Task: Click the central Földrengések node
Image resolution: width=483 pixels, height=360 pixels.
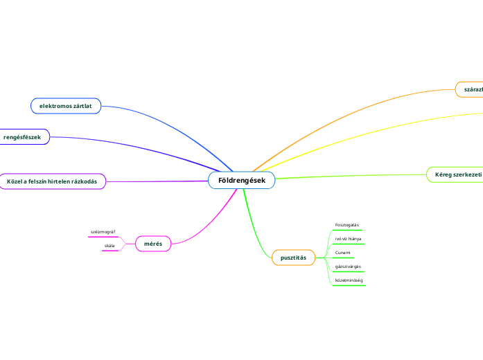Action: pyautogui.click(x=241, y=181)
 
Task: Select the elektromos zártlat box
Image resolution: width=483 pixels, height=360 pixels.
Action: pyautogui.click(x=66, y=105)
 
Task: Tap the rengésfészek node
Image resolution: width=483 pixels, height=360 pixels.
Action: pyautogui.click(x=23, y=137)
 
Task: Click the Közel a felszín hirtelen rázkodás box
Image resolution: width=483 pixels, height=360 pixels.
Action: pyautogui.click(x=52, y=181)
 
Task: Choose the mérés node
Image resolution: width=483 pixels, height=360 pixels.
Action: pyautogui.click(x=152, y=244)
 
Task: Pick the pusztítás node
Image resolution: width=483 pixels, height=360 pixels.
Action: pyautogui.click(x=293, y=258)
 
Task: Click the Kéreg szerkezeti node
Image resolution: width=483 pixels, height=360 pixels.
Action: pyautogui.click(x=455, y=174)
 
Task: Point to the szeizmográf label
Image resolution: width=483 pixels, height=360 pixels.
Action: pyautogui.click(x=103, y=231)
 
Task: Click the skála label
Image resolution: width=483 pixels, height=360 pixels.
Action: pyautogui.click(x=109, y=246)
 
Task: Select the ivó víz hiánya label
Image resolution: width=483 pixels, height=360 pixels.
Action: pyautogui.click(x=348, y=238)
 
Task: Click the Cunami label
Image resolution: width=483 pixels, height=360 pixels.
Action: pyautogui.click(x=342, y=253)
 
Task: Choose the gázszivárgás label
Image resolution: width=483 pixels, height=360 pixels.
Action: pyautogui.click(x=348, y=267)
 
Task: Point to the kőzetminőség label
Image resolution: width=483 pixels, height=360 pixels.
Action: pyautogui.click(x=349, y=280)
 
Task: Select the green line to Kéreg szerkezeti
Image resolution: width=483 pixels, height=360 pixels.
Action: pyautogui.click(x=346, y=175)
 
